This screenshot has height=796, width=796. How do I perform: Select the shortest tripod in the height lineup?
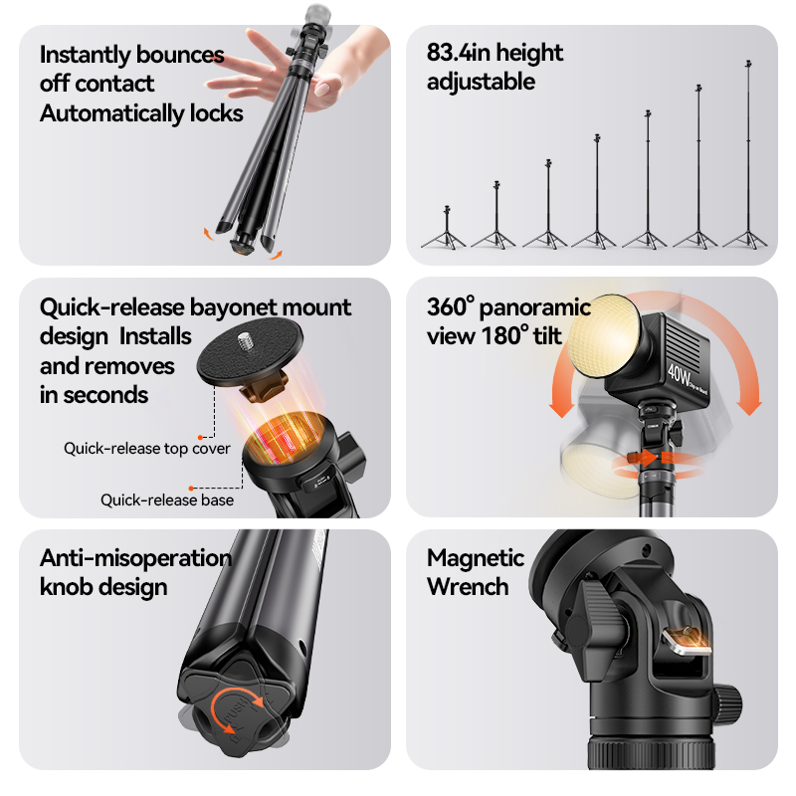click(446, 228)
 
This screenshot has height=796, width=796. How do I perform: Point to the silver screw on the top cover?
click(246, 339)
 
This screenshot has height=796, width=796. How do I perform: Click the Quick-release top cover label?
click(146, 449)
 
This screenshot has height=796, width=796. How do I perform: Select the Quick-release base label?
click(167, 500)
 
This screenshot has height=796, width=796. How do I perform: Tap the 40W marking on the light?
click(680, 375)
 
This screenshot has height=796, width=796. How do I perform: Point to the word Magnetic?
click(476, 557)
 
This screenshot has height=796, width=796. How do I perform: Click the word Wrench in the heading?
click(468, 587)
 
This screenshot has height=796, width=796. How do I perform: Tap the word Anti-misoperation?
click(136, 558)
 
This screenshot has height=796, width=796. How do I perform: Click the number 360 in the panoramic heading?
click(446, 307)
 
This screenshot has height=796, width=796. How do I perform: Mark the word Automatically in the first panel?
click(112, 113)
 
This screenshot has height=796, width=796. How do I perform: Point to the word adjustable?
click(481, 82)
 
